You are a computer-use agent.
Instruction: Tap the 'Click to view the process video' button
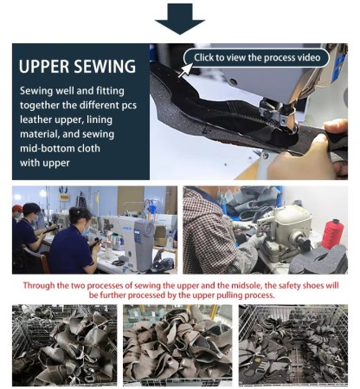tap(260, 57)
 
